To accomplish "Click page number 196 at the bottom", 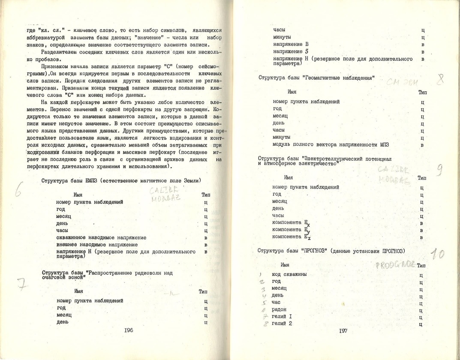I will point(129,330).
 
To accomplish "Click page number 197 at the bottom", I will point(343,331).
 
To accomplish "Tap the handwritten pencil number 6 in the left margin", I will point(18,191).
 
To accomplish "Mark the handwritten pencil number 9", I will point(439,170).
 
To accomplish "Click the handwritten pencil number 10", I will point(438,254).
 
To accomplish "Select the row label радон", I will point(279,309).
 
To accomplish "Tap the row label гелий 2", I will point(283,324).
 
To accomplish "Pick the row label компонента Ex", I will point(291,222).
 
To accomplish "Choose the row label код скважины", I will point(289,274).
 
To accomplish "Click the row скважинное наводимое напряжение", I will point(101,237).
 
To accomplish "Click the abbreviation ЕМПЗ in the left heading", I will point(91,180).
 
